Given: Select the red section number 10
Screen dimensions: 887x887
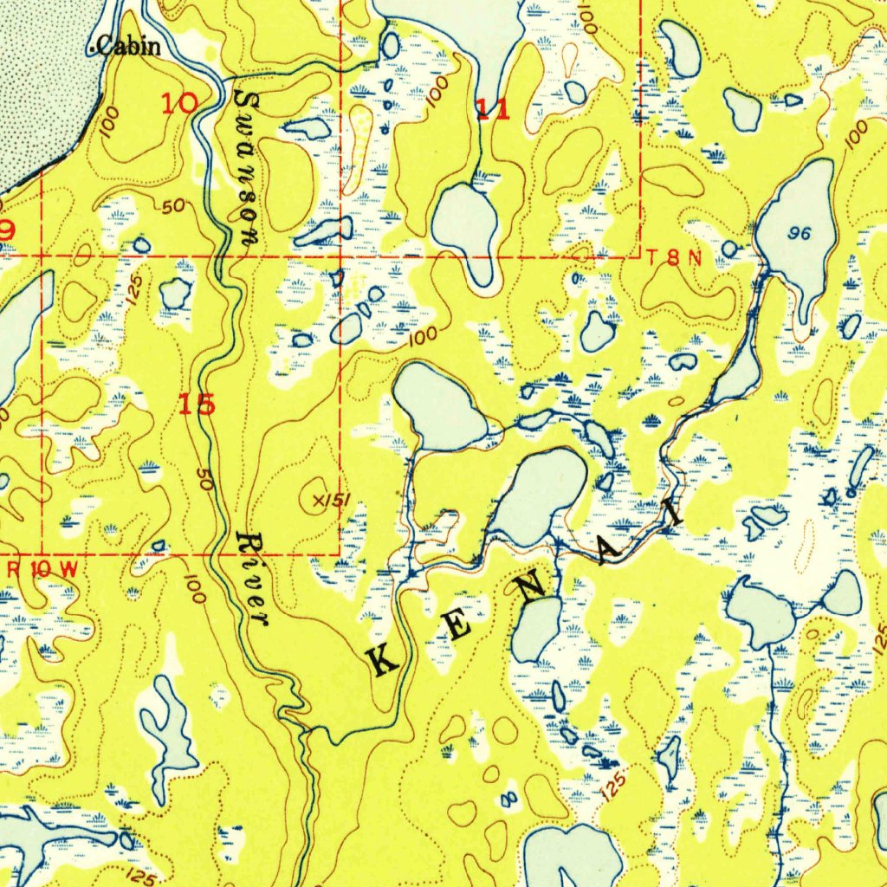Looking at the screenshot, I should (179, 104).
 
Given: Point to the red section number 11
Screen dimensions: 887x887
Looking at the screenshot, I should (493, 109).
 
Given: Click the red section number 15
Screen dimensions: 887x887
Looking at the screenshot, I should (197, 404).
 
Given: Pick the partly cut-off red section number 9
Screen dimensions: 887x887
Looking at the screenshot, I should (6, 230).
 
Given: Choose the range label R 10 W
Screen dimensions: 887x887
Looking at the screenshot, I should (45, 569).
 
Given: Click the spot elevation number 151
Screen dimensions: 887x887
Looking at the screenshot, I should (333, 501).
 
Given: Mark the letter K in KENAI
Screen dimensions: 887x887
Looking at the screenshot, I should (385, 663).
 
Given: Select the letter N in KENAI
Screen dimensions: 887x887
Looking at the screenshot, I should (532, 589).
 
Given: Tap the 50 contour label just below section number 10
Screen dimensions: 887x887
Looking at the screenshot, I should (174, 206).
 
